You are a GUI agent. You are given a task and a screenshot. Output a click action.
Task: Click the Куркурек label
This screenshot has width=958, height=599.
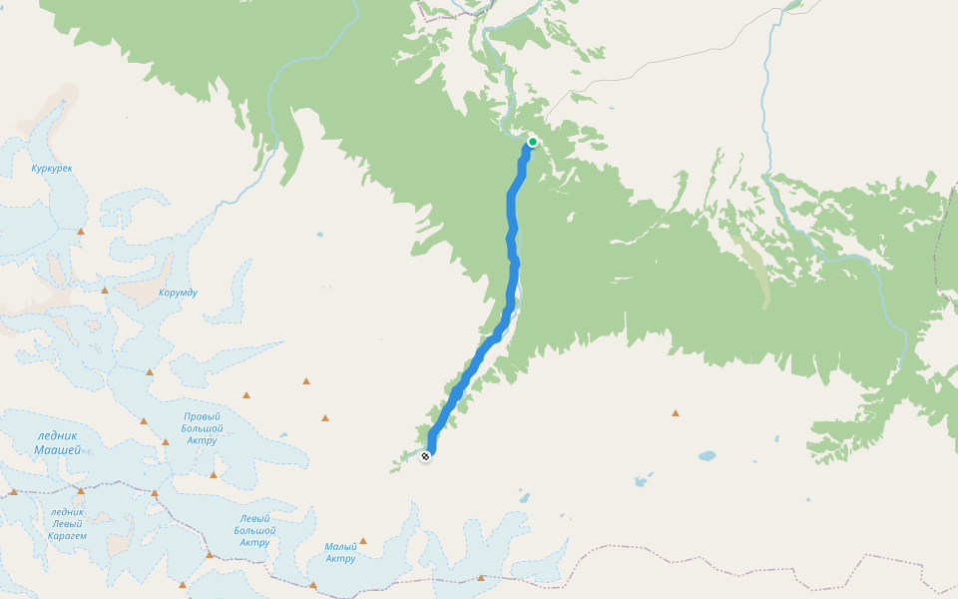click(52, 168)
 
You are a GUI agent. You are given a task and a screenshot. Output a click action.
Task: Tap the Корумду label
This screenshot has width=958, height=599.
click(179, 293)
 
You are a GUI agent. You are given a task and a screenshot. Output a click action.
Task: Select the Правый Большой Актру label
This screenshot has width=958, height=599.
click(202, 428)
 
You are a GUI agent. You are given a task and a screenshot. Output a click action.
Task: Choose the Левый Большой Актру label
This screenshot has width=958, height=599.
click(254, 530)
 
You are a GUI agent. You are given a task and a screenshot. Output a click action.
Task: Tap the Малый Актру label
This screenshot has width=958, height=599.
click(340, 552)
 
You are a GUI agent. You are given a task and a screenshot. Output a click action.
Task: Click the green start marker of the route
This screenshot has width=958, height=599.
click(533, 142)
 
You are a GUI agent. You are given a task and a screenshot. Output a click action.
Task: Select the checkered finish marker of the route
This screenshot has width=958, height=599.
click(426, 456)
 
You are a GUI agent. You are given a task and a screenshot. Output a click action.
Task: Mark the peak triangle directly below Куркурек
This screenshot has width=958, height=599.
click(82, 232)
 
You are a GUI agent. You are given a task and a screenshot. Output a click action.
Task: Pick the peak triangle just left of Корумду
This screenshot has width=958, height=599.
click(105, 291)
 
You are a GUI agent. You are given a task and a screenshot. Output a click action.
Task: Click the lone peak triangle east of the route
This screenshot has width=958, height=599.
click(676, 412)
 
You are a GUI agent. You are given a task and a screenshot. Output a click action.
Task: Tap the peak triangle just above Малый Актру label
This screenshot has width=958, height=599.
click(363, 541)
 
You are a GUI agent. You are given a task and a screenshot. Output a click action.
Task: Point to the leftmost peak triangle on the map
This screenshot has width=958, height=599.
click(14, 491)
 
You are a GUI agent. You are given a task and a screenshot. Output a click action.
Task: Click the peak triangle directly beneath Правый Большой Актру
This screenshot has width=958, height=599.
click(214, 474)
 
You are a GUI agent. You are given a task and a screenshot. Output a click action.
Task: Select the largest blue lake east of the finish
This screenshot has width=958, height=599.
click(707, 456)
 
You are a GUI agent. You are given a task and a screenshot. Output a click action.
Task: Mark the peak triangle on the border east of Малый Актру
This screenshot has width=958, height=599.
click(481, 577)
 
